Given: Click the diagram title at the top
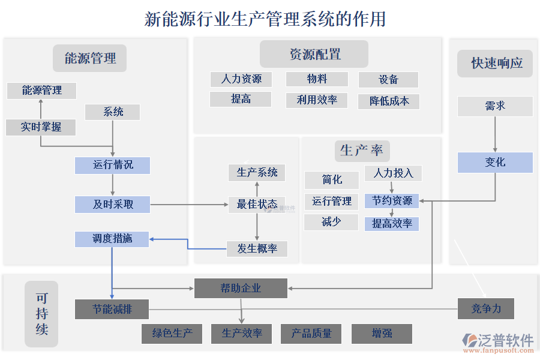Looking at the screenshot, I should point(265,19).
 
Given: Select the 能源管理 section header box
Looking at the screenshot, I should point(90,58).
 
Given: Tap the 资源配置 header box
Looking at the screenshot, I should point(314,54).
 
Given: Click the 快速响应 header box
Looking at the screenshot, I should point(495,63).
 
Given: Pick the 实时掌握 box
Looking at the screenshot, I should point(41,127).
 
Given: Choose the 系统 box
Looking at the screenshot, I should point(113,112).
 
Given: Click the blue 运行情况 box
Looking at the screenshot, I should point(112,165).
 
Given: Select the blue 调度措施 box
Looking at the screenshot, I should point(112,239).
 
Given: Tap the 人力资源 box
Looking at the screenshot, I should point(241,79).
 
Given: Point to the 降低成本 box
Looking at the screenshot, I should point(389,101).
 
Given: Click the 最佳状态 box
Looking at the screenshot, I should point(257,205).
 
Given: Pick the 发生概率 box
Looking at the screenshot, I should point(257,248).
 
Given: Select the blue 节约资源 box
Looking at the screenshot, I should point(392,201).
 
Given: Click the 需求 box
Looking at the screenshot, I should point(495,107).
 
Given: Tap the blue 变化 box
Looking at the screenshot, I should point(495,162).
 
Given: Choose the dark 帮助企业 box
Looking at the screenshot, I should point(241,288).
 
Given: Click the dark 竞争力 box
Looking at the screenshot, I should point(485,309).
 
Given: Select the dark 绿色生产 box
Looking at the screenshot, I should point(172,334).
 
